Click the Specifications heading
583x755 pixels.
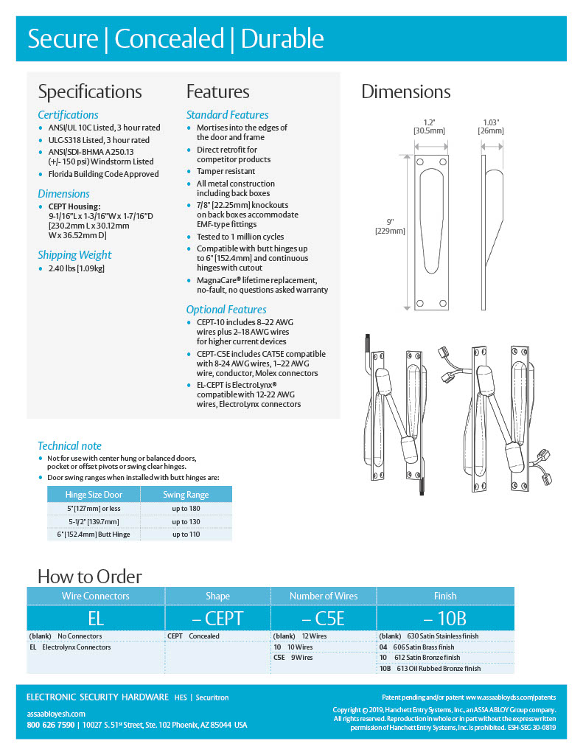pyautogui.click(x=90, y=92)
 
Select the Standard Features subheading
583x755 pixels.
pyautogui.click(x=227, y=115)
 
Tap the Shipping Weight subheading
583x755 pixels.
pyautogui.click(x=74, y=255)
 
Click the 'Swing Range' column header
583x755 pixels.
pyautogui.click(x=186, y=495)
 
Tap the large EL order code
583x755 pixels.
pyautogui.click(x=96, y=618)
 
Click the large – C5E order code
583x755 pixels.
pyautogui.click(x=323, y=618)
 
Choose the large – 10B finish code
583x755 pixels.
pyautogui.click(x=444, y=618)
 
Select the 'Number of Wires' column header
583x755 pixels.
pyautogui.click(x=324, y=596)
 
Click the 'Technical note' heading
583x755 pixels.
pyautogui.click(x=69, y=446)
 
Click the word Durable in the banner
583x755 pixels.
pyautogui.click(x=282, y=39)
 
